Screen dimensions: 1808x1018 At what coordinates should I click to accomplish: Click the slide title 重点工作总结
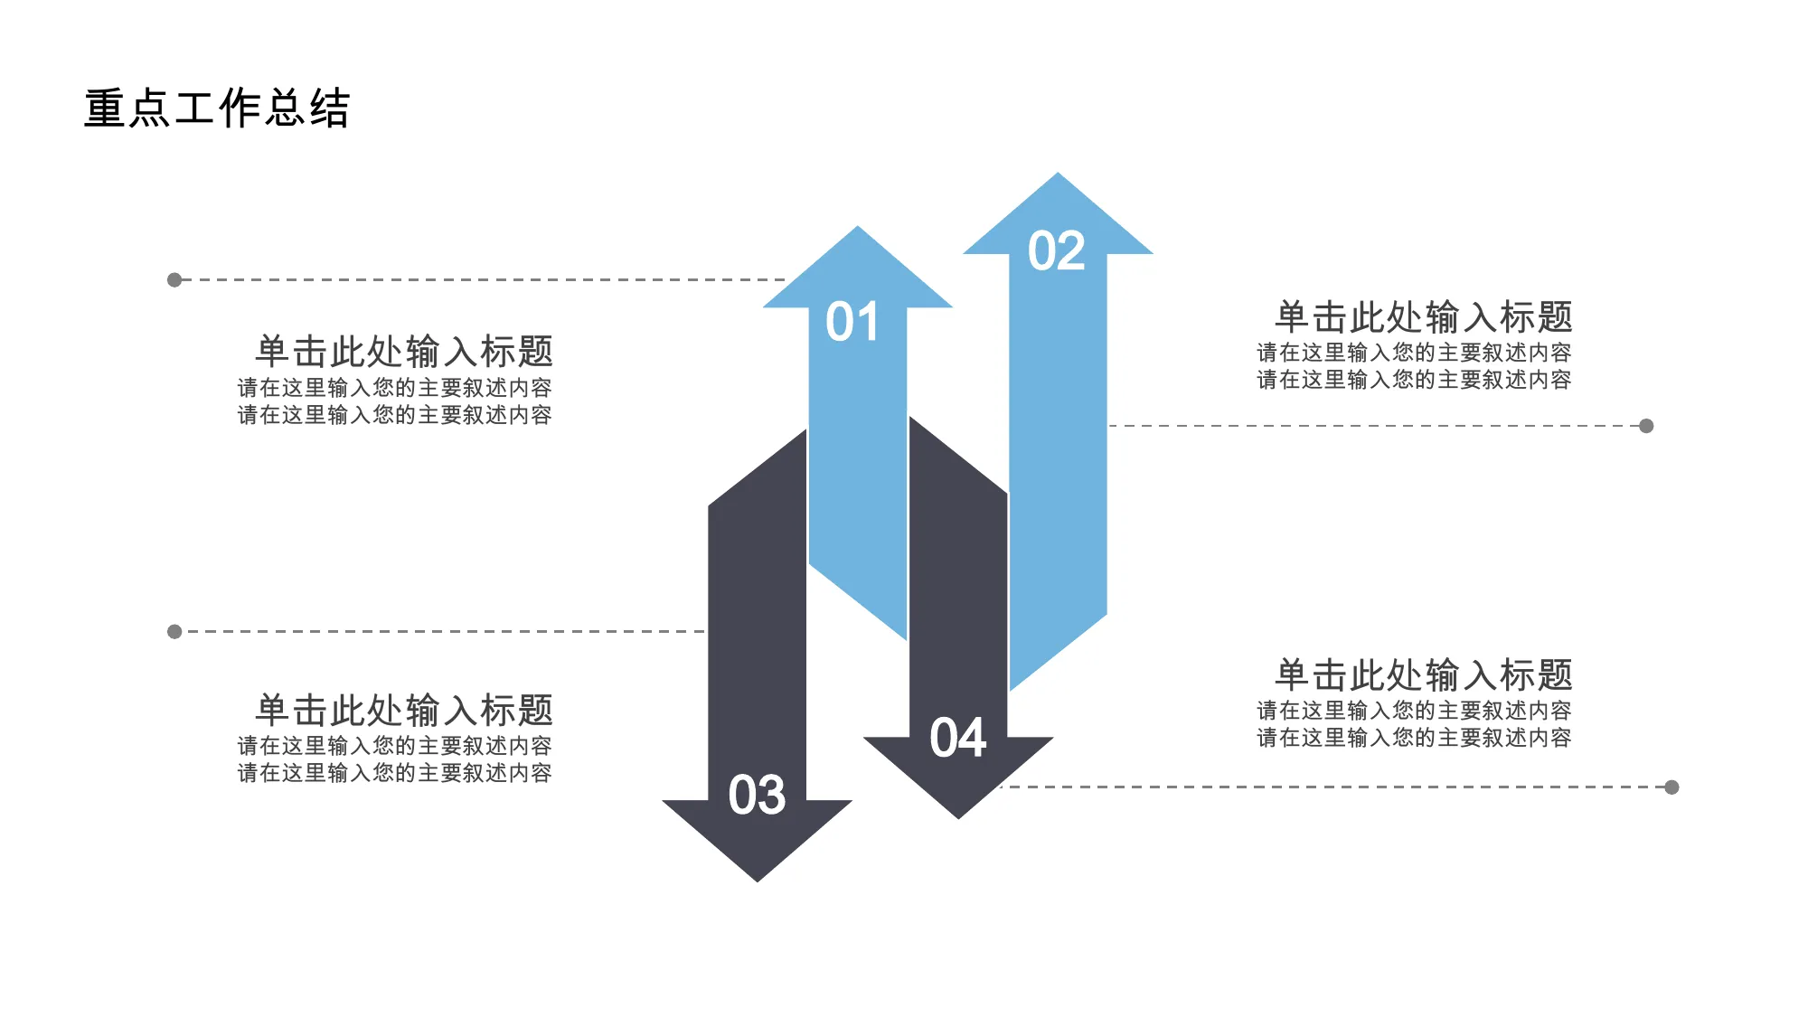217,108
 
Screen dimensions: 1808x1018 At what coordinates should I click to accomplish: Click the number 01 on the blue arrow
852,322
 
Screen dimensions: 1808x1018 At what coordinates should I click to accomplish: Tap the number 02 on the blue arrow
1057,250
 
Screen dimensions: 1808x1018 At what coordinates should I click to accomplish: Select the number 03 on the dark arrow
758,795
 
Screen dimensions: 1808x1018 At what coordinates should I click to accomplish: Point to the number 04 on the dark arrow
958,738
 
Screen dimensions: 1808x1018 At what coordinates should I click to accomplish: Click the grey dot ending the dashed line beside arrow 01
174,280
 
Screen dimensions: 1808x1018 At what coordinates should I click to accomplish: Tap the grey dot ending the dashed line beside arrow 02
1646,426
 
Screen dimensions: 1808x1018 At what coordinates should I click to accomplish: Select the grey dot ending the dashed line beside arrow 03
174,632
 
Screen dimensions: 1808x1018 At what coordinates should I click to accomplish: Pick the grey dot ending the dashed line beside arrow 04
1671,787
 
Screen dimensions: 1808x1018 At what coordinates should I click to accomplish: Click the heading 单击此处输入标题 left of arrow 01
404,351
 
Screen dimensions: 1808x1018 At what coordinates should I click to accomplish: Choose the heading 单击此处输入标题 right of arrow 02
1424,317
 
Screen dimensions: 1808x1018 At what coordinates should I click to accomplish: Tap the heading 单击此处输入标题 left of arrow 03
404,710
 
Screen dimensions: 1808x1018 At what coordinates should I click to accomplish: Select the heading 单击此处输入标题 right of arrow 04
1424,675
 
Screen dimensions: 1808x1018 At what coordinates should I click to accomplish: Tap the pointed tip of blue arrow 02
1058,174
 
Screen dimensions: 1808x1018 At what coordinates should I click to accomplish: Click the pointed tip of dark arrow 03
758,881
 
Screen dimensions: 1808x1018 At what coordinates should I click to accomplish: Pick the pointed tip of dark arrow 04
958,818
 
